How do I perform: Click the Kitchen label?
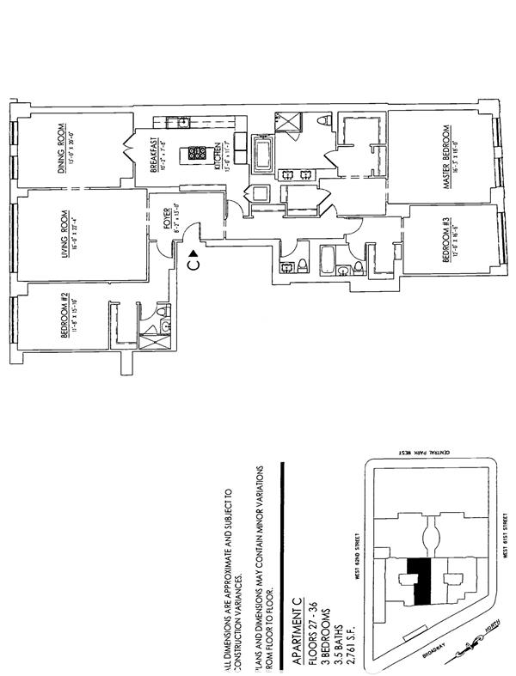tap(218, 156)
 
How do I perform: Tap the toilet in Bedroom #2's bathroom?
tap(166, 324)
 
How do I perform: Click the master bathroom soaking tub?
tap(262, 157)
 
